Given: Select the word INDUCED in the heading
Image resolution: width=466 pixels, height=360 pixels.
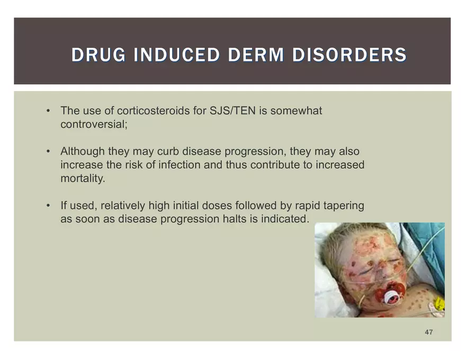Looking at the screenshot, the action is [176, 55].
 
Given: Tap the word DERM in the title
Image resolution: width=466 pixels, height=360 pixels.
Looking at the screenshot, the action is [256, 55].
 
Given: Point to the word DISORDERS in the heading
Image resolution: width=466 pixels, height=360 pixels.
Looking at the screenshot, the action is [349, 55].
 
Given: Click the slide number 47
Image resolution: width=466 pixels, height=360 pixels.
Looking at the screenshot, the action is [428, 332].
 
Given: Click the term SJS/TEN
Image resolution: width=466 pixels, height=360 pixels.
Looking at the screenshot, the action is [232, 111].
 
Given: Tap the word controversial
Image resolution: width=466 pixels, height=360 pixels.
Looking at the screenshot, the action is [94, 124].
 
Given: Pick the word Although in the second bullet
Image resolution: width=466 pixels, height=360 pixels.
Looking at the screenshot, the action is [83, 151].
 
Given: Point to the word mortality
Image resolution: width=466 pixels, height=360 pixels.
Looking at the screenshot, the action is [83, 178].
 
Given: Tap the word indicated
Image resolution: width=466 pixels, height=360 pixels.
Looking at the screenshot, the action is [285, 219].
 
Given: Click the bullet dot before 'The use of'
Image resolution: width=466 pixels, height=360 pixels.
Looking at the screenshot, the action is [48, 111].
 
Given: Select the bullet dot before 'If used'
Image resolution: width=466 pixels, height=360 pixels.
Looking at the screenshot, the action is [48, 205].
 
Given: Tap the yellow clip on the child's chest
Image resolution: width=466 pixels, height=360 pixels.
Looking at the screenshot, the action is [438, 303].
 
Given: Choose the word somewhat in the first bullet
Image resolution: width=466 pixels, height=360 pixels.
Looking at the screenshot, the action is [296, 111].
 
